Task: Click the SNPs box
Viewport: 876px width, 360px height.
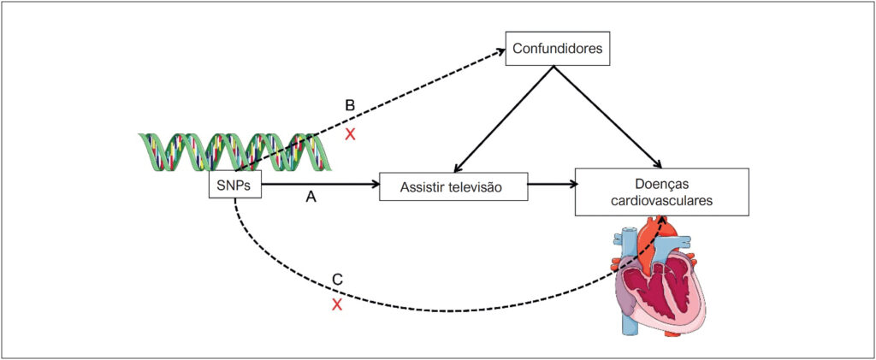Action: click(234, 185)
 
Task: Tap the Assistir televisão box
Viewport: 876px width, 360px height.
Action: click(453, 186)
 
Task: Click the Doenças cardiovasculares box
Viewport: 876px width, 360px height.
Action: click(661, 192)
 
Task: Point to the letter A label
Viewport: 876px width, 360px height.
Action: click(311, 197)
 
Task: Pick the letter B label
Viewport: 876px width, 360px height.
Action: click(350, 106)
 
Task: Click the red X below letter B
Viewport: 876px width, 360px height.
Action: click(350, 134)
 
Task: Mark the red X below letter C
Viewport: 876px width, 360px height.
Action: click(337, 304)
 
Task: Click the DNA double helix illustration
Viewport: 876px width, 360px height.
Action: click(234, 151)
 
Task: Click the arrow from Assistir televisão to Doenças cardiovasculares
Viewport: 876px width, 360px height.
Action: click(552, 184)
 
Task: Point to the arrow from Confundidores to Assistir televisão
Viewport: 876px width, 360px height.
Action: click(503, 119)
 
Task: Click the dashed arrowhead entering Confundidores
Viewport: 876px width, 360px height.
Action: click(499, 52)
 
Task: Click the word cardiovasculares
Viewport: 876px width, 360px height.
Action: click(662, 201)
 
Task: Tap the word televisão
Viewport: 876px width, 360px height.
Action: click(482, 187)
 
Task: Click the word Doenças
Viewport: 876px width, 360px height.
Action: click(662, 183)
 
